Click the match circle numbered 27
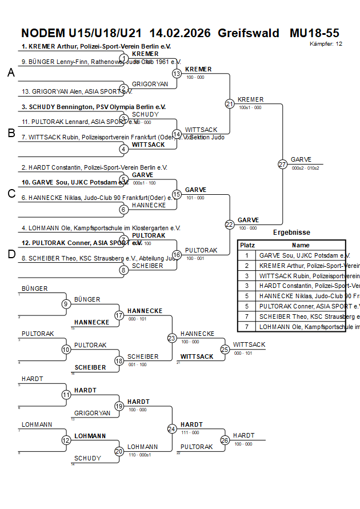click(282, 164)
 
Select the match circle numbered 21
click(229, 104)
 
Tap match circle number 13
click(177, 74)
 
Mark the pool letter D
click(11, 254)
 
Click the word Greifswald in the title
click(249, 33)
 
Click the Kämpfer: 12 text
click(326, 44)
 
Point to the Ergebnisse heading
click(291, 233)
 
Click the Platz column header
click(247, 245)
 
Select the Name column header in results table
click(300, 245)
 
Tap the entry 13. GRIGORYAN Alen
click(69, 91)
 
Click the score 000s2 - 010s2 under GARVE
click(305, 168)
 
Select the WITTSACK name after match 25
click(249, 344)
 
